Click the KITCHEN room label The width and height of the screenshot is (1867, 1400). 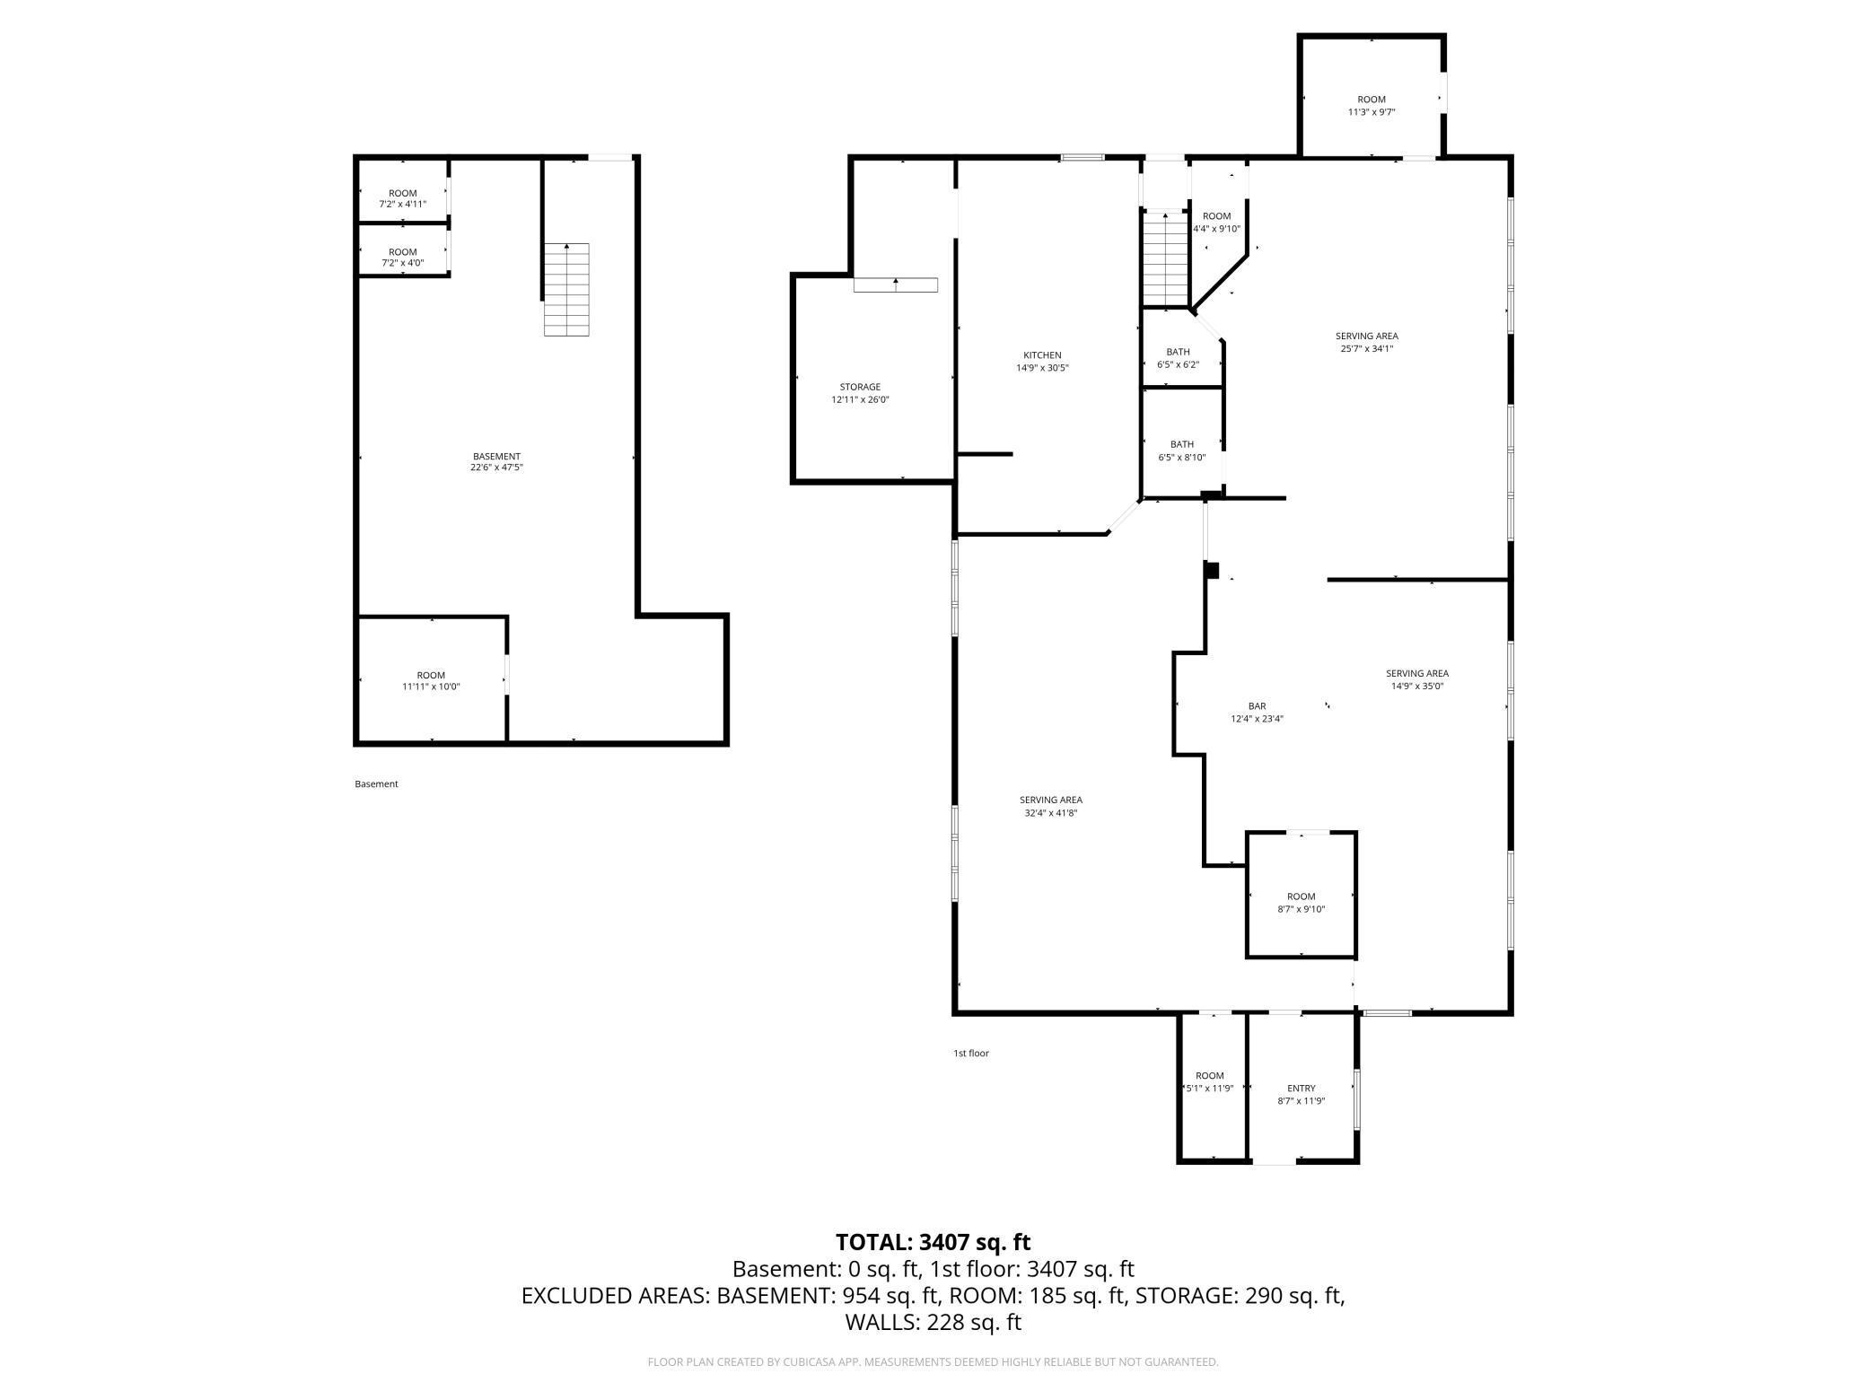(1042, 355)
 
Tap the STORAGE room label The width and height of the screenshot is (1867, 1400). (860, 388)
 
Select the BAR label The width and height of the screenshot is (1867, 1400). (1257, 706)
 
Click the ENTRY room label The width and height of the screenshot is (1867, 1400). (1301, 1089)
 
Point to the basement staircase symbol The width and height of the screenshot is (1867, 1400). (566, 289)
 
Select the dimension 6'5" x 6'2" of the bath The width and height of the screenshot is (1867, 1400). (1178, 365)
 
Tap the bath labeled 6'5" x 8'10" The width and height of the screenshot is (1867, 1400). (1181, 451)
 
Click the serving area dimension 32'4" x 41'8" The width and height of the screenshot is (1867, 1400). (1050, 813)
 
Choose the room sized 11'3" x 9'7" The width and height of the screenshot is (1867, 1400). (1371, 106)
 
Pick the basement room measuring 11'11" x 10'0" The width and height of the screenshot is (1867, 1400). (431, 681)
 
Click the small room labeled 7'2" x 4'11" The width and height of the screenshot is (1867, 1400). (402, 198)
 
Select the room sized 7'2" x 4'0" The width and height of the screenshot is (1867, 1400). (402, 258)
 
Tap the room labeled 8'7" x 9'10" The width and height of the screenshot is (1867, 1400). (1301, 903)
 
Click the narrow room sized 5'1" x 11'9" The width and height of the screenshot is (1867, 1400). (1209, 1082)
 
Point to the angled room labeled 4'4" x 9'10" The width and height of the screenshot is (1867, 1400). (1216, 223)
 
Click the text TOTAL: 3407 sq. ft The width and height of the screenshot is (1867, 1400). (933, 1242)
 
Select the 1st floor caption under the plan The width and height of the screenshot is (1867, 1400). (970, 1054)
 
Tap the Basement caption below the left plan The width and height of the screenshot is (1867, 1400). (376, 784)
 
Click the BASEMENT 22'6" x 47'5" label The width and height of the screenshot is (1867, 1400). (496, 461)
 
